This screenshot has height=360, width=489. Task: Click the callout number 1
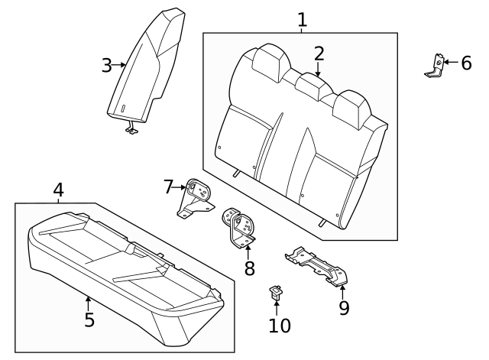pos(302,19)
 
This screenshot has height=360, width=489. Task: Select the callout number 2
pos(319,53)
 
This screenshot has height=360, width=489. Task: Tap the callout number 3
pos(107,66)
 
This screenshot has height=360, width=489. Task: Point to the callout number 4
pos(58,190)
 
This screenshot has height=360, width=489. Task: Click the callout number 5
pos(89,319)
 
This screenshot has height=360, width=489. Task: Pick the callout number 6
pos(466,63)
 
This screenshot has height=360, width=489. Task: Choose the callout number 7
pos(169,186)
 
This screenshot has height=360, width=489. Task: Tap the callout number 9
pos(344,307)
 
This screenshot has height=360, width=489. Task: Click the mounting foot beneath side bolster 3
pos(133,131)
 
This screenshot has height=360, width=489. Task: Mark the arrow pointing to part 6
pos(450,63)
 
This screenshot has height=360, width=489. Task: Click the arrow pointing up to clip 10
pos(277,305)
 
